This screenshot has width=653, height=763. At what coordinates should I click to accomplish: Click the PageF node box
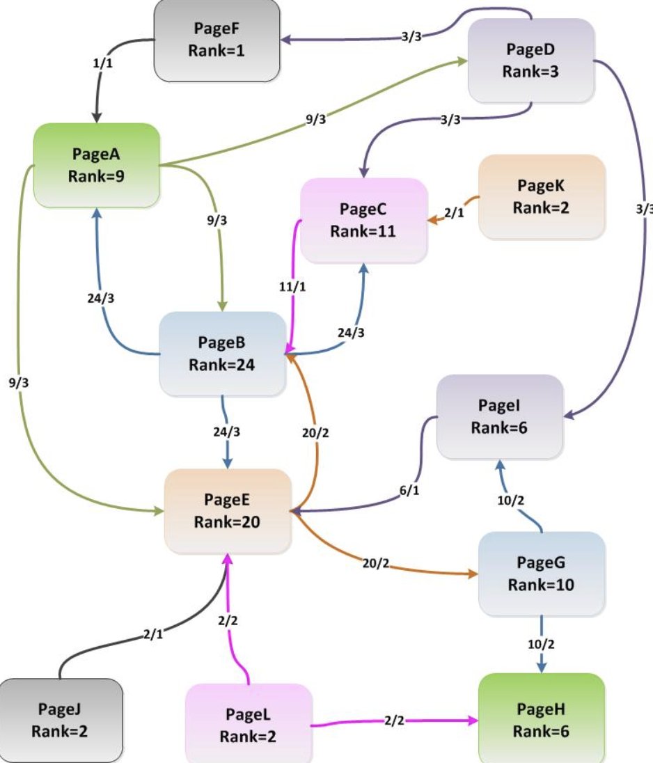tap(217, 40)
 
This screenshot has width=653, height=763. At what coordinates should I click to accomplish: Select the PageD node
tap(531, 61)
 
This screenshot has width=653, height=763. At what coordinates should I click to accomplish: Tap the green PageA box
tap(96, 166)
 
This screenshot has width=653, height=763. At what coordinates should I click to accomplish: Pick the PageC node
tap(364, 221)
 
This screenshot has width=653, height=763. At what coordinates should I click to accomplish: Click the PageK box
tap(542, 197)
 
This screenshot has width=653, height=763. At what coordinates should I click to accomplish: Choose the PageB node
tap(222, 354)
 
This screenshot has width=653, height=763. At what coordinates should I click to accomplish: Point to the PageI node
tap(501, 416)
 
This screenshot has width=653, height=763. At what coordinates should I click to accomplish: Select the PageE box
tap(228, 511)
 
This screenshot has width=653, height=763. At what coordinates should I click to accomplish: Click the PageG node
tap(542, 574)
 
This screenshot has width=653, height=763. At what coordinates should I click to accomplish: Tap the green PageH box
tap(542, 718)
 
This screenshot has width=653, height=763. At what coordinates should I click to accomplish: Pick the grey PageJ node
tap(61, 721)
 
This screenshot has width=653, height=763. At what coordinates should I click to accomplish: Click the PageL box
tap(249, 723)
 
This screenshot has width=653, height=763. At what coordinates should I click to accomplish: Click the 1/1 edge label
tap(102, 63)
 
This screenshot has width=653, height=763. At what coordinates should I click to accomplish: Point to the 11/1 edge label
tap(292, 287)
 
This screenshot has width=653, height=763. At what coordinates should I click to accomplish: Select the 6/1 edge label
tap(409, 491)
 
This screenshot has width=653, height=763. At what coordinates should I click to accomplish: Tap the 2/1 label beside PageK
tap(454, 212)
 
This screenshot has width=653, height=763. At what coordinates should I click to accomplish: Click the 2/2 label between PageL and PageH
tap(394, 720)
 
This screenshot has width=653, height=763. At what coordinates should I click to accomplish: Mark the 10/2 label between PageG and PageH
tap(541, 644)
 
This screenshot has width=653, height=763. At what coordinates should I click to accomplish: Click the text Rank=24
tap(222, 365)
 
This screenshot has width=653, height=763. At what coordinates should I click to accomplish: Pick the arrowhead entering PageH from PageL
tap(473, 720)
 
